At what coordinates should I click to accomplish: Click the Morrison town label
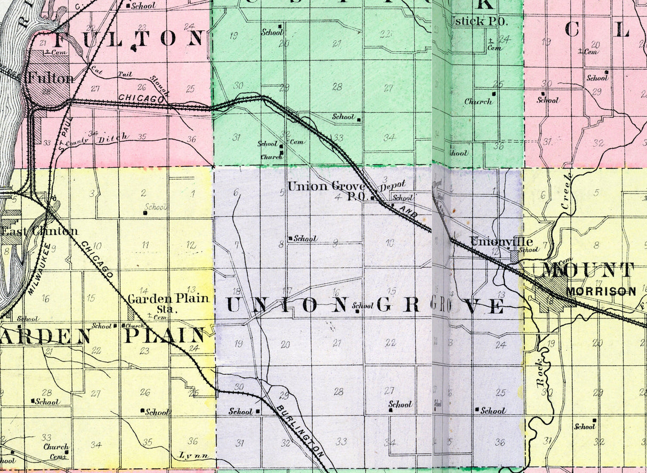click(x=601, y=292)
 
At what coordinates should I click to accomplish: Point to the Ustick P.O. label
click(x=479, y=21)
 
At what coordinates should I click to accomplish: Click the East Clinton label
click(x=39, y=231)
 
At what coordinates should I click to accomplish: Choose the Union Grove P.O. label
click(x=326, y=190)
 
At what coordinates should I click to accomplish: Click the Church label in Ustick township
click(x=478, y=101)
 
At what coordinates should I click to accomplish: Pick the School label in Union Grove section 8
click(x=305, y=238)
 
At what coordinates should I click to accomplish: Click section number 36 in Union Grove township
click(x=499, y=442)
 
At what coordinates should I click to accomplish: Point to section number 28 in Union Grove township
click(x=338, y=391)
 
